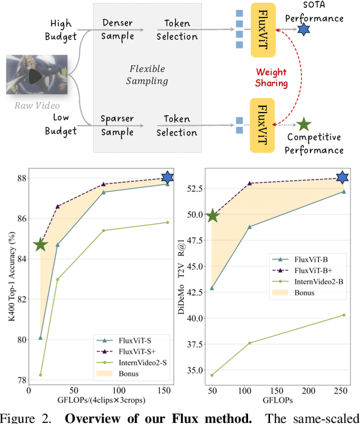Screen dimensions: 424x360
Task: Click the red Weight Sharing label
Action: coord(272,78)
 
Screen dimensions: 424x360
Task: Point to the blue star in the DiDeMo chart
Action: coord(343,177)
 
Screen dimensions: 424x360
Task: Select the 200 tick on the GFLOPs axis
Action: coord(308,390)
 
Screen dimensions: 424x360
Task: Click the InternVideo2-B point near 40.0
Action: coord(344,315)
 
